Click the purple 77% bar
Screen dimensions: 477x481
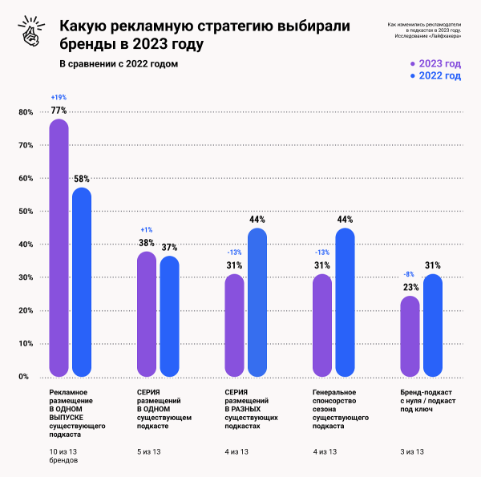tap(59, 248)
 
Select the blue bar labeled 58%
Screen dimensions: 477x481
tap(82, 281)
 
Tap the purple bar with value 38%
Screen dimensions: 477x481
tap(147, 313)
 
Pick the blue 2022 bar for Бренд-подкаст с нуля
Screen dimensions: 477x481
tap(433, 325)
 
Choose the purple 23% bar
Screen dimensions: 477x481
tap(409, 336)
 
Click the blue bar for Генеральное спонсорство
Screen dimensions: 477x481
tap(345, 302)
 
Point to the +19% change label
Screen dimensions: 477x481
tap(59, 97)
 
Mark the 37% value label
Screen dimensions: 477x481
tap(169, 248)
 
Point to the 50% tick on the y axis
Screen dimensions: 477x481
tap(24, 211)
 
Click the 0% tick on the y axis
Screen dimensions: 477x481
tap(24, 376)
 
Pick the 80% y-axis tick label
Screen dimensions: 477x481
tap(24, 112)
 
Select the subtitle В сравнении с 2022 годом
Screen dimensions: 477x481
tap(118, 63)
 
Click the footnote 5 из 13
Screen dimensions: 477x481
tap(152, 451)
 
